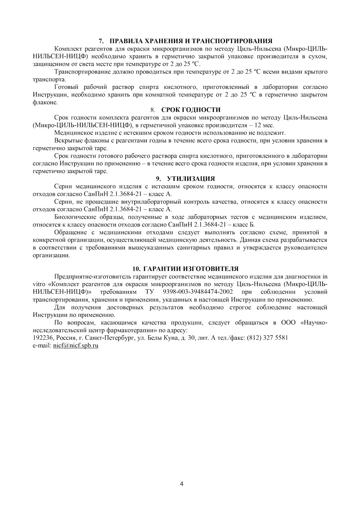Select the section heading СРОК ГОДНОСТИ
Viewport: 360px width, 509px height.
[190, 110]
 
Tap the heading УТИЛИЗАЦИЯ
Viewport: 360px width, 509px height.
[191, 179]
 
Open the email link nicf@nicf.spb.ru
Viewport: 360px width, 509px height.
[76, 345]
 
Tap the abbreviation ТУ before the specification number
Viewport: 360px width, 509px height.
[150, 292]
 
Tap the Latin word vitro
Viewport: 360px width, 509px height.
[39, 284]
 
